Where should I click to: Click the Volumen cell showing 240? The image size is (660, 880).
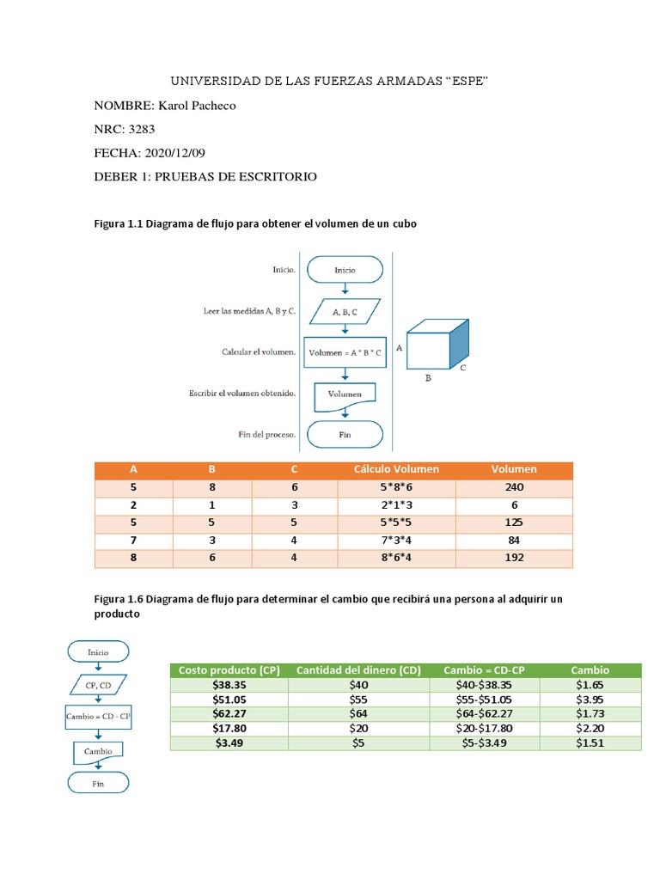coord(514,487)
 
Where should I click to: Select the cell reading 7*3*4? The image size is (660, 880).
coord(396,541)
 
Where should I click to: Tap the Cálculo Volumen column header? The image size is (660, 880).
coord(396,469)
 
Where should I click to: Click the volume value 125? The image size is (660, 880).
coord(514,522)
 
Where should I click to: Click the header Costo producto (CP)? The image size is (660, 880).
coord(229,670)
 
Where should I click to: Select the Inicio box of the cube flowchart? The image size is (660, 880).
coord(345,269)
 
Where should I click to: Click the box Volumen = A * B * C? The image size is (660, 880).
coord(345,352)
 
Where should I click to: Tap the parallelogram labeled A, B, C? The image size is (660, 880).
coord(345,314)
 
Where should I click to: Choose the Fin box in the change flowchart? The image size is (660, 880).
coord(97,783)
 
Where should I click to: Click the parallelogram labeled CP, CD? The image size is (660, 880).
coord(97,685)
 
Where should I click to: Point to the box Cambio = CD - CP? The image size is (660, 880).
coord(97,716)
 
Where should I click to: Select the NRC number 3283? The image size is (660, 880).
coord(143,130)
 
